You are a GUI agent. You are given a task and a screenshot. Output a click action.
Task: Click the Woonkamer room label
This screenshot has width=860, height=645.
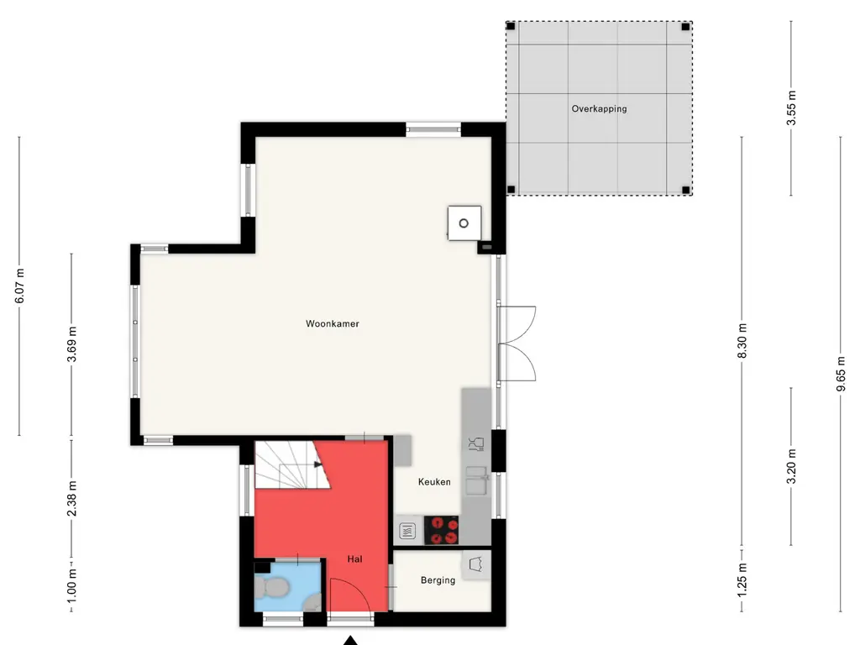point(333,323)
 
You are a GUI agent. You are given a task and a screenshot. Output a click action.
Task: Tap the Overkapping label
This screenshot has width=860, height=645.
point(599,108)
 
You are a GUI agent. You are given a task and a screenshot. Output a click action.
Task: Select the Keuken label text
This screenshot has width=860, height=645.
point(434,481)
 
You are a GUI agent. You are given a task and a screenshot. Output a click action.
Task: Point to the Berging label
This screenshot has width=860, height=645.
point(438,579)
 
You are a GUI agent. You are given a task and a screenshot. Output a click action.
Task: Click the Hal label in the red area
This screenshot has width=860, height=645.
point(355,558)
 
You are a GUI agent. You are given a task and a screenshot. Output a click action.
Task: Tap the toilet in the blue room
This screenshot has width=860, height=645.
point(271,587)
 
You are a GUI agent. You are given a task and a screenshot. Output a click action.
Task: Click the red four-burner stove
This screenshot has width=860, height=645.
point(441,530)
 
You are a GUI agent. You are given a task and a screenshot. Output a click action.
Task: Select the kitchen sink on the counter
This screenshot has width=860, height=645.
point(476,480)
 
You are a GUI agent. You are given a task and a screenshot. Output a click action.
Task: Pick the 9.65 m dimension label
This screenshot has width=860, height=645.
point(840,374)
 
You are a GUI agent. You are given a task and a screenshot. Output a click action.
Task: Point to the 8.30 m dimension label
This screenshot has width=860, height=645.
point(742,341)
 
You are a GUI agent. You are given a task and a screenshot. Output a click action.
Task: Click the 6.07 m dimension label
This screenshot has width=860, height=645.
point(19,286)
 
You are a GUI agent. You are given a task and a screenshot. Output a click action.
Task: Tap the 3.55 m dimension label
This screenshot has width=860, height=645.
point(791,108)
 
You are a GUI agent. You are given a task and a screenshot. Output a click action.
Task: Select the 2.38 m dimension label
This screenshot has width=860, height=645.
point(71,498)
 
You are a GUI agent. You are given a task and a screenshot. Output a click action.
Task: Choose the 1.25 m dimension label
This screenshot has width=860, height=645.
point(742,579)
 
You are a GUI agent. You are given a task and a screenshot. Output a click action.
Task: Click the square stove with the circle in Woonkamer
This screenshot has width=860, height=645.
point(464,223)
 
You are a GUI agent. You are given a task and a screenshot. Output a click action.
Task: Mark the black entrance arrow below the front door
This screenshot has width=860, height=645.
point(350,640)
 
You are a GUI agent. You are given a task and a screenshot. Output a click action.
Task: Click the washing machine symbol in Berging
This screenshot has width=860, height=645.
point(475,564)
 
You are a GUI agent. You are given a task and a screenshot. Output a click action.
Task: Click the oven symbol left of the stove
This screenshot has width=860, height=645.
point(407,531)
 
